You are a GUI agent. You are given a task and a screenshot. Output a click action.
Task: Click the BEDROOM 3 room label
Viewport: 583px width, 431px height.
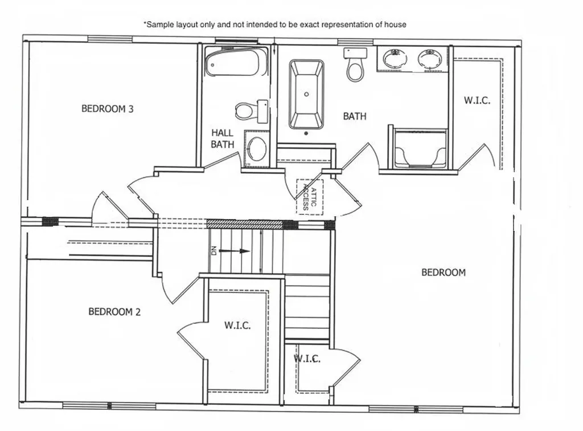point(107,108)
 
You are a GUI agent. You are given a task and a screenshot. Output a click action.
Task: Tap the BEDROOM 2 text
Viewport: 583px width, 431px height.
point(114,312)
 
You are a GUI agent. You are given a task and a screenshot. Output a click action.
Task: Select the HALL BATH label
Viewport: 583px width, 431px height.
point(222,139)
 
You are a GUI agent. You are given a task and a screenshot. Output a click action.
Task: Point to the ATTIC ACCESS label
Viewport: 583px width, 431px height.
point(309,197)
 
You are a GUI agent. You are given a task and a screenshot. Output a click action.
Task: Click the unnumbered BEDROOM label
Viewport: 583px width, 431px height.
point(443,273)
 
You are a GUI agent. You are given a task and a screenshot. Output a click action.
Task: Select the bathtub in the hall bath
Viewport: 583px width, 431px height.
point(236,62)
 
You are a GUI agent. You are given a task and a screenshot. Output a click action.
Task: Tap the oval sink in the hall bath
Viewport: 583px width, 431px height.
point(257,149)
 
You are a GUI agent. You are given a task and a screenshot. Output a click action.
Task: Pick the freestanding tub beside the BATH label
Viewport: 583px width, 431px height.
point(306,94)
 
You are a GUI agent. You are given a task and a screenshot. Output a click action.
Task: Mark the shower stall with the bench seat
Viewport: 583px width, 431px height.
point(420,149)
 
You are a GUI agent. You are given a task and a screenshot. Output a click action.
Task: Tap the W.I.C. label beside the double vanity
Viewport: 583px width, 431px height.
point(477,100)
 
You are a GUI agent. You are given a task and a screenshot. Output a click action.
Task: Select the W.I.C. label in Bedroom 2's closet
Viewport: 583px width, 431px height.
point(237,326)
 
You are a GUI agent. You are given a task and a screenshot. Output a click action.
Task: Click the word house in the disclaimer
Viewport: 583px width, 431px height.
point(396,25)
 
